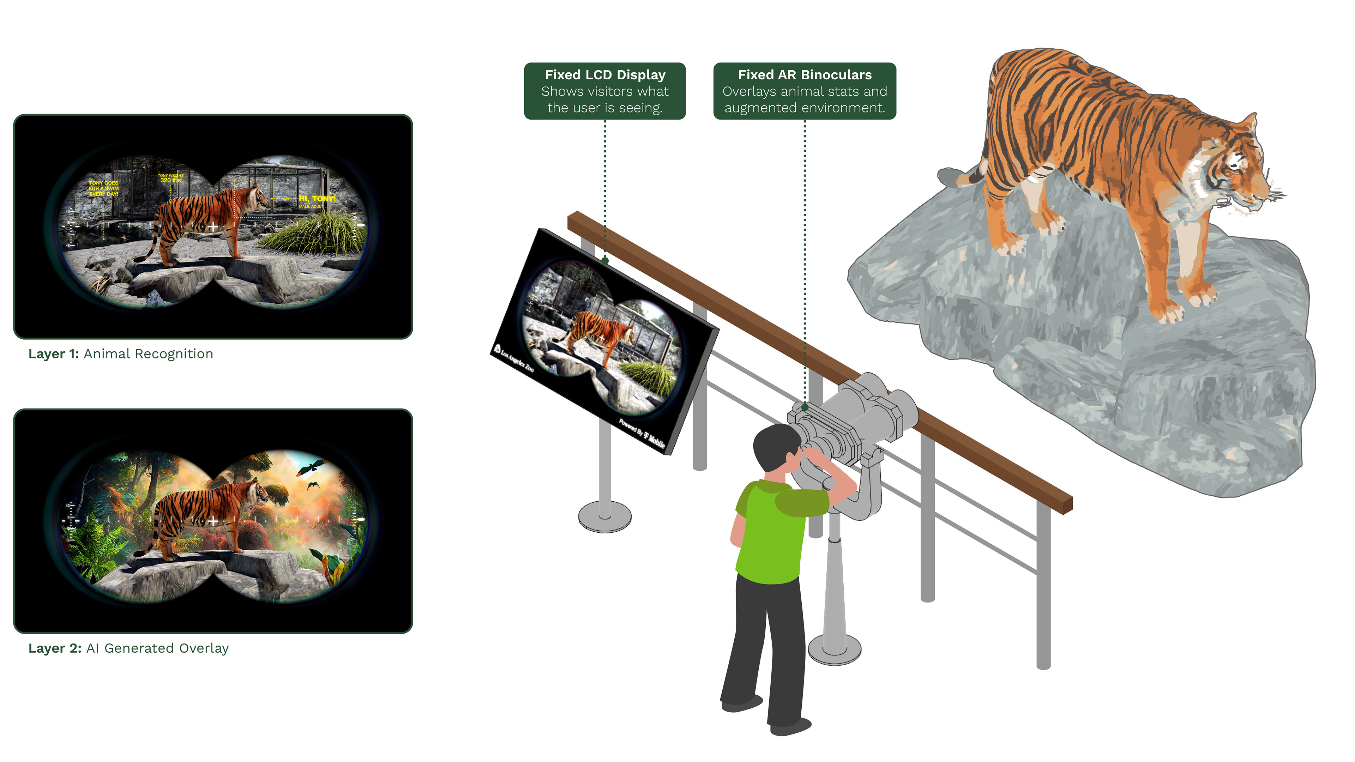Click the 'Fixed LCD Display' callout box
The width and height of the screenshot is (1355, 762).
pyautogui.click(x=604, y=91)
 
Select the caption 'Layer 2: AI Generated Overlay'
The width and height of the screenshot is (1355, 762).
pyautogui.click(x=128, y=648)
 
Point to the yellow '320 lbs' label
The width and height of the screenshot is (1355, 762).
pyautogui.click(x=170, y=180)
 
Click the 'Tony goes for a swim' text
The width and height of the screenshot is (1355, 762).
pyautogui.click(x=104, y=188)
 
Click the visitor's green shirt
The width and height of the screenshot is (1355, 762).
pyautogui.click(x=773, y=531)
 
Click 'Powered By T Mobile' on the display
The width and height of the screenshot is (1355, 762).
pyautogui.click(x=642, y=434)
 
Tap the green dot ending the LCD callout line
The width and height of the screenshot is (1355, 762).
pyautogui.click(x=605, y=260)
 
